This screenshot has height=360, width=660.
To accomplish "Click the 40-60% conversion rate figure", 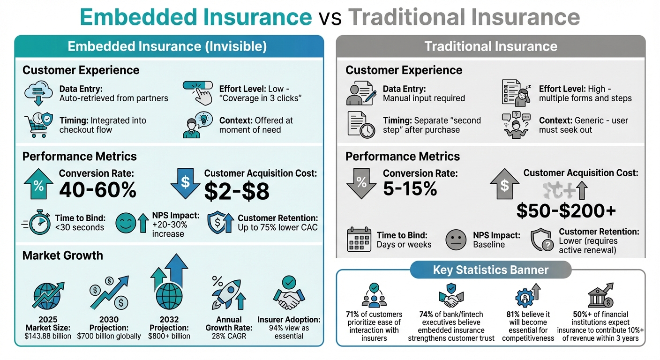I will (x=97, y=190).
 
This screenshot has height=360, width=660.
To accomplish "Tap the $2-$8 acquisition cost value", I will (x=237, y=191).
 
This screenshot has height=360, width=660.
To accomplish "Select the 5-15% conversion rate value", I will (x=410, y=188).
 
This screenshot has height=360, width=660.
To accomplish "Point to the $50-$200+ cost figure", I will (x=566, y=211).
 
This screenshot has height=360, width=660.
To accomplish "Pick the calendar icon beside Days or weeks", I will (x=359, y=239).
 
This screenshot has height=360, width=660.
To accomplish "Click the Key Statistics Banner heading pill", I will (x=491, y=270).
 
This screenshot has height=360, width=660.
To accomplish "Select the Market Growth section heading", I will (x=62, y=255).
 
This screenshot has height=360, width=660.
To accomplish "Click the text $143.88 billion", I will (x=48, y=336).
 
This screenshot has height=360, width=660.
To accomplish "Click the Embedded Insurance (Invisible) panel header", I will (x=167, y=46).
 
